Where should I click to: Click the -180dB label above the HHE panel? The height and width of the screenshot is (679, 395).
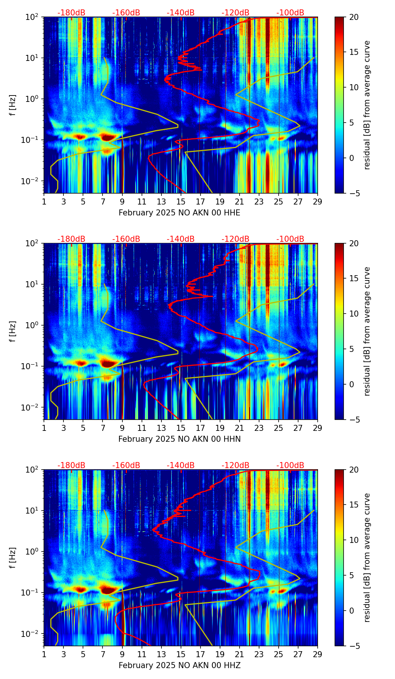(71, 13)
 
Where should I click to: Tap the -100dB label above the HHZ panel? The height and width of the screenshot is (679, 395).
(290, 465)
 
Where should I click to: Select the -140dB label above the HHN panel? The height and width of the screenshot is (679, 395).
(181, 239)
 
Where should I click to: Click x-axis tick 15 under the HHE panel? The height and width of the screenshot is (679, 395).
(181, 202)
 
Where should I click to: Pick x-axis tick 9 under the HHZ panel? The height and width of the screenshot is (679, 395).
(122, 654)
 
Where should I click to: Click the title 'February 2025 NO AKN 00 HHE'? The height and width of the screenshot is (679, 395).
(179, 213)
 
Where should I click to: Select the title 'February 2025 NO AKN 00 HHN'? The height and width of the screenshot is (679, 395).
(179, 439)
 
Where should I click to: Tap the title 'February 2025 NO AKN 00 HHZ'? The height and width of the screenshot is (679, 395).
(179, 665)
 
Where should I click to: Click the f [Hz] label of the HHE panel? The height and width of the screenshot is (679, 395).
(13, 105)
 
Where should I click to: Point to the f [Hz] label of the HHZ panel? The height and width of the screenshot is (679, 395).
(13, 558)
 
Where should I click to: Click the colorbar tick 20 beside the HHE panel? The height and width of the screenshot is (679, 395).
(354, 17)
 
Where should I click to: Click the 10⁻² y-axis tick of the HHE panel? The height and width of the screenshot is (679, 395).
(32, 181)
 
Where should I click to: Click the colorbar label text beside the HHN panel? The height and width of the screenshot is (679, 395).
(367, 331)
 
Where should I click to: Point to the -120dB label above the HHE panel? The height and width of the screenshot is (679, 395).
(235, 13)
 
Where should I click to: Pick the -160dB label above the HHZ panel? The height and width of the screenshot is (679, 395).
(126, 465)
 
